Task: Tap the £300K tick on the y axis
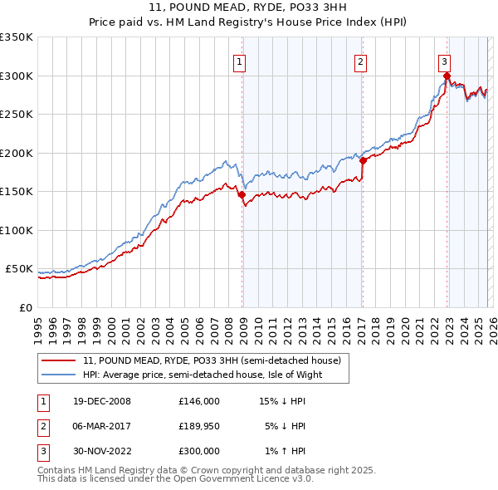[16, 76]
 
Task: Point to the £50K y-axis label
[18, 269]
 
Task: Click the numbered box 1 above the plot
[239, 61]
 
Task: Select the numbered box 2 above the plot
[361, 61]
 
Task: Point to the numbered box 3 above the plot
[445, 61]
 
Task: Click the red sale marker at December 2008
[242, 195]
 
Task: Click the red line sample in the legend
[60, 361]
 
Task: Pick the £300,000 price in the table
[199, 451]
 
